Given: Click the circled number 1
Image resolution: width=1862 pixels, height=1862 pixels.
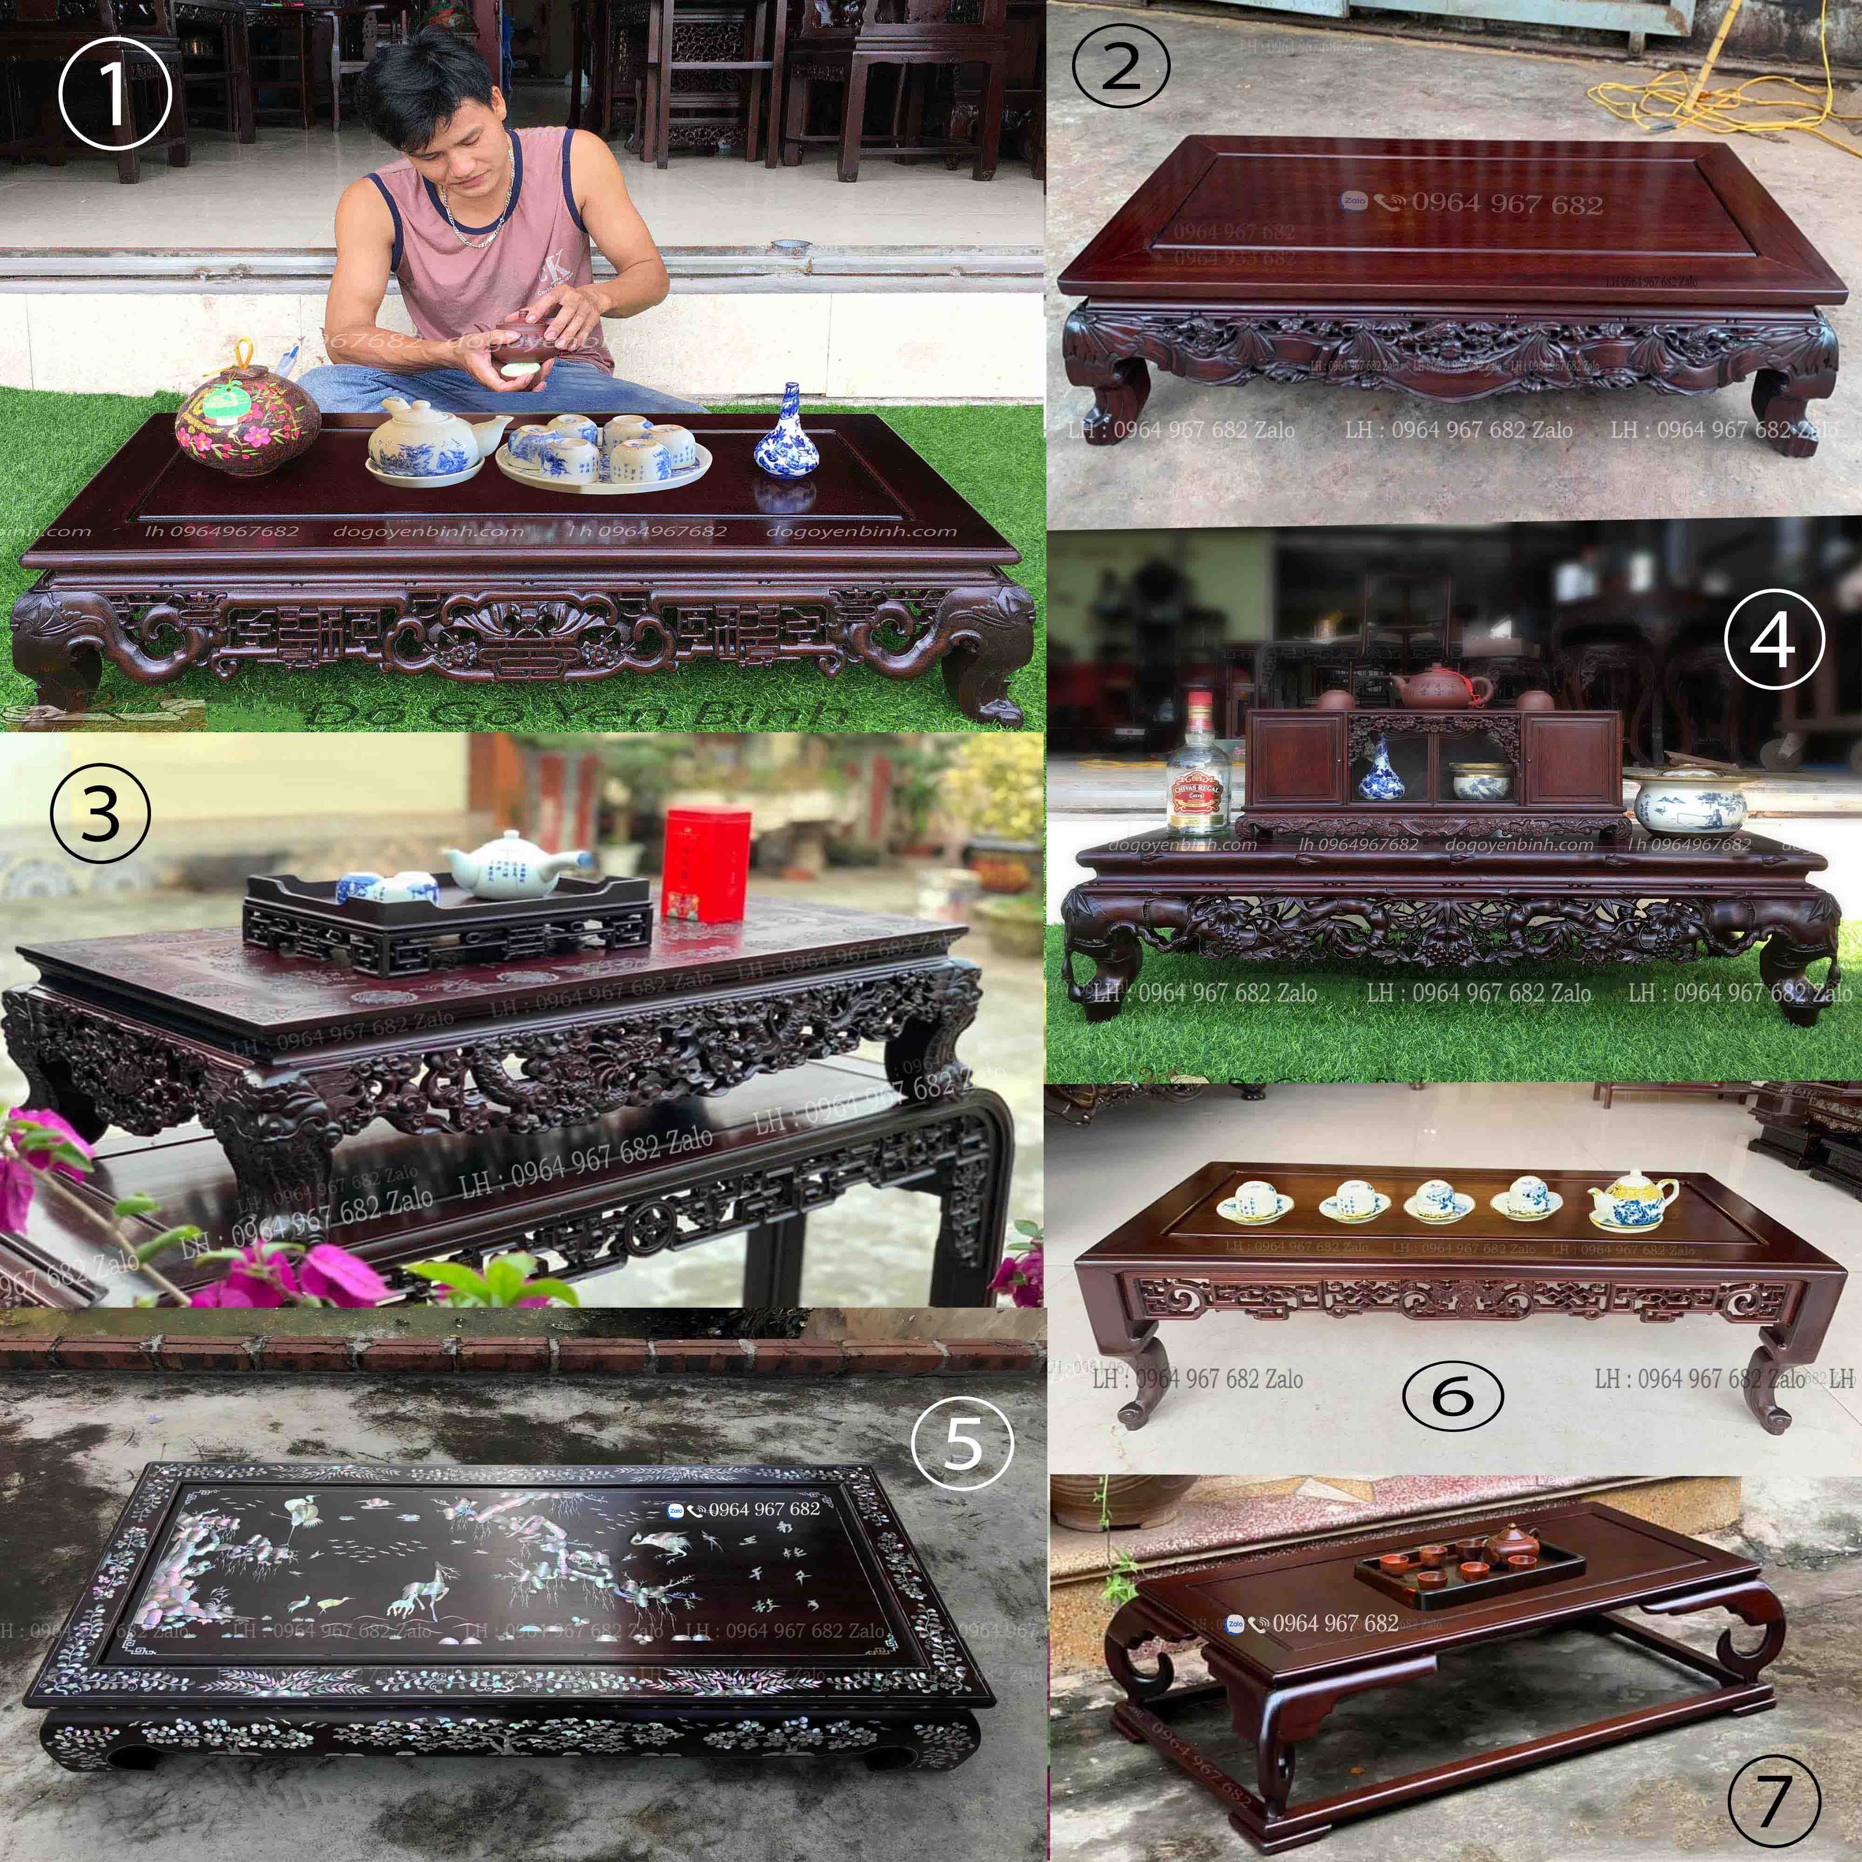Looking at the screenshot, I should [115, 94].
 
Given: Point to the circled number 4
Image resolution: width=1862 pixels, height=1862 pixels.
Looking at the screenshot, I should [1774, 639].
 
